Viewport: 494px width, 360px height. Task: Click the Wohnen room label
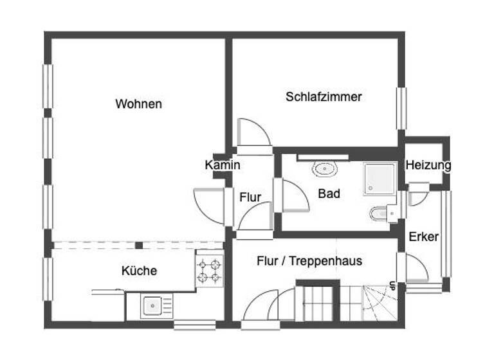coord(138,104)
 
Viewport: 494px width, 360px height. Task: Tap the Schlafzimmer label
coord(324,97)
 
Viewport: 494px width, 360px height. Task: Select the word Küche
coord(139,271)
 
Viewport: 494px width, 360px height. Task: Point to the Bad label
coord(329,193)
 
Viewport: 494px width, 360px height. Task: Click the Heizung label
coord(428,165)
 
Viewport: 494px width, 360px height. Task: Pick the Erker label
coord(423,237)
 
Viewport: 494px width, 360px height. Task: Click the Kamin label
coord(223,165)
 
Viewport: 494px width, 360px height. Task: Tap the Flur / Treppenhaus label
coord(309,261)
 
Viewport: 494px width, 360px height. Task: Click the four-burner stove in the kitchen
coord(210,271)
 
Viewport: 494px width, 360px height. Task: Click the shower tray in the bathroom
coord(380,178)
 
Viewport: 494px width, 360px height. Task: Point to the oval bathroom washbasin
coord(325,170)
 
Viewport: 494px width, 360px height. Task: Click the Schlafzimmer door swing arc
coord(255,133)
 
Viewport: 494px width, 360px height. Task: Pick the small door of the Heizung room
coord(417,195)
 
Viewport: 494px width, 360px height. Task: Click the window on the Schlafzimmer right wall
coord(402,108)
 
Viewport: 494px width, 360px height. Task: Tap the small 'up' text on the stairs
coord(391,284)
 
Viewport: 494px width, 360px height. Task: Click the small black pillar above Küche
coord(138,245)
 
